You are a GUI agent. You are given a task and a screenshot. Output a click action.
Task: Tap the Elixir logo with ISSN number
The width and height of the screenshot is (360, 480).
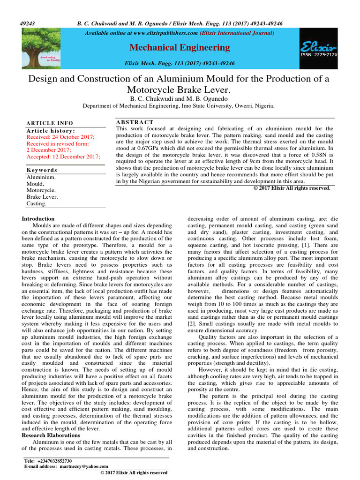[x=318, y=48]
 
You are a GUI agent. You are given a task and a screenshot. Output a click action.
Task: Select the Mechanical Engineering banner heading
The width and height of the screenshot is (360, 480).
[x=180, y=47]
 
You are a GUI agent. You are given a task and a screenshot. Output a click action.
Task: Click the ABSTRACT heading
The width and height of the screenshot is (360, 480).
[x=135, y=122]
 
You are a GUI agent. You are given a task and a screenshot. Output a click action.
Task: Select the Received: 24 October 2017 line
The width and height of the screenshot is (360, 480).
[x=60, y=137]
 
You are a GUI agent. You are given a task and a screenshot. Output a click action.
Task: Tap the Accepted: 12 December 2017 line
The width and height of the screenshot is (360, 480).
[x=63, y=157]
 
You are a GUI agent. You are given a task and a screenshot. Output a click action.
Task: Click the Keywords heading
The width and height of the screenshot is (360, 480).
[x=42, y=170]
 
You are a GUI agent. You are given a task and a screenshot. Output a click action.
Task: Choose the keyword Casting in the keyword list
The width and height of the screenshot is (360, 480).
[x=37, y=204]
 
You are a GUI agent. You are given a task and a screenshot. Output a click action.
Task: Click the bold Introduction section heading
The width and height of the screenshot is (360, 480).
[x=38, y=218]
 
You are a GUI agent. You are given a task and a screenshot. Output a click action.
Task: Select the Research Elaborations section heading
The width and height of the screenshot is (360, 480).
[x=51, y=435]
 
